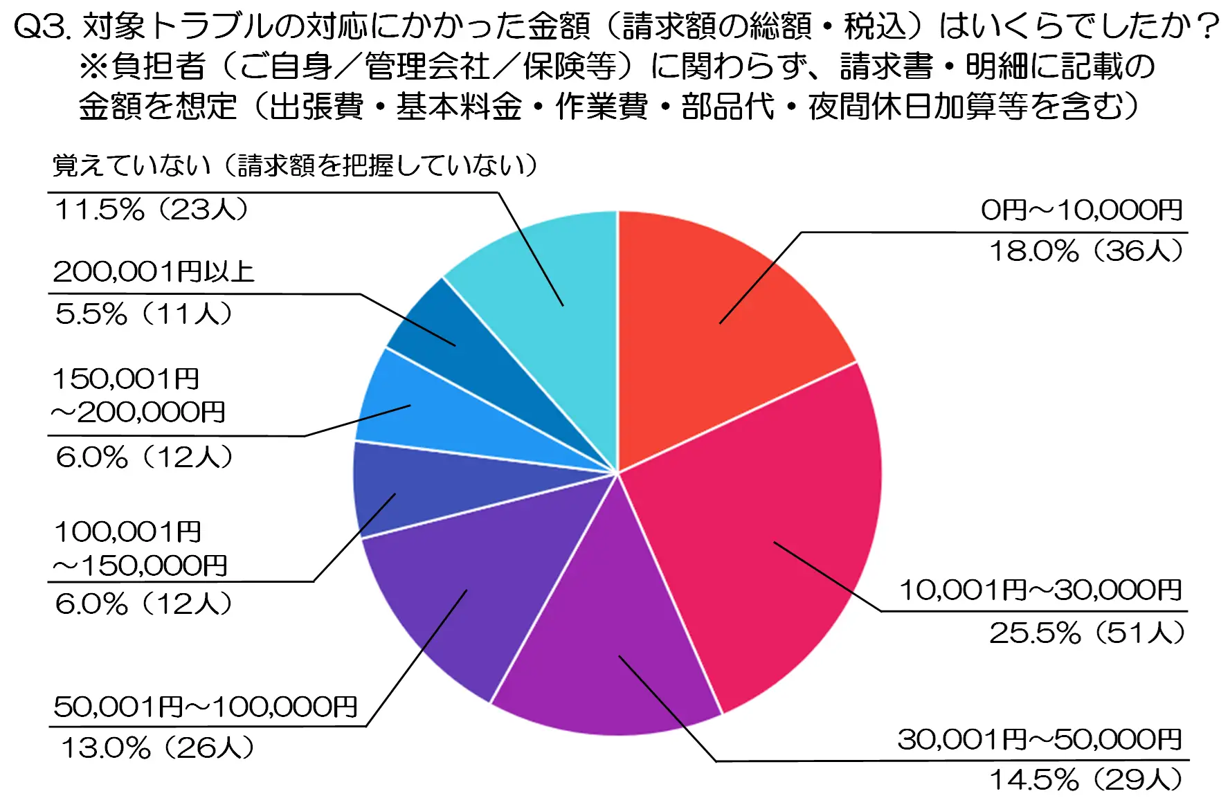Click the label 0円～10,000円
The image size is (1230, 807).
click(1081, 210)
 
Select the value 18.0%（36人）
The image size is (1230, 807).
click(1086, 251)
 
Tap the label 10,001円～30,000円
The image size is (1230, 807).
click(1040, 590)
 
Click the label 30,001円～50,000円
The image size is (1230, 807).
click(1040, 740)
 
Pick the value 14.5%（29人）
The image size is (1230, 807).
click(1086, 780)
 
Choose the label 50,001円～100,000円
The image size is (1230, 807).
click(206, 707)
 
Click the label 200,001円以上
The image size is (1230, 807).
click(154, 272)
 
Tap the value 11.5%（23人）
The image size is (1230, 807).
click(151, 210)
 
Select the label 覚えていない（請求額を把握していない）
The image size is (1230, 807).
click(295, 166)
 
